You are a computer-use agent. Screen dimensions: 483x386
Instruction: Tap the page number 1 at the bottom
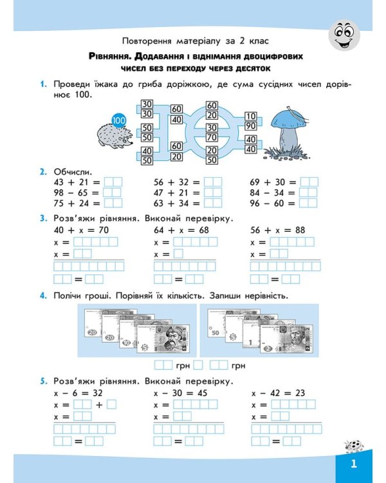[353, 464]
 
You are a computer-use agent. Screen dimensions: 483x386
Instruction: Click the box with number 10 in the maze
[251, 116]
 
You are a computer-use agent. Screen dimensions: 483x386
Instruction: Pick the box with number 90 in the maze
[251, 126]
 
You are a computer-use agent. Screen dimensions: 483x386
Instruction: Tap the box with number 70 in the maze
[212, 137]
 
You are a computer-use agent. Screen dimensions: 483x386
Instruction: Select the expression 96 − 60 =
[273, 203]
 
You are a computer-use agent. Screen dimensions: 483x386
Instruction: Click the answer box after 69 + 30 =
[309, 182]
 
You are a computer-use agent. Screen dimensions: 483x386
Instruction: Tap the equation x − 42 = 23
[278, 393]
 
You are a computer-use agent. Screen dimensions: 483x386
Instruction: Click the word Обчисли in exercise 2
[73, 172]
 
